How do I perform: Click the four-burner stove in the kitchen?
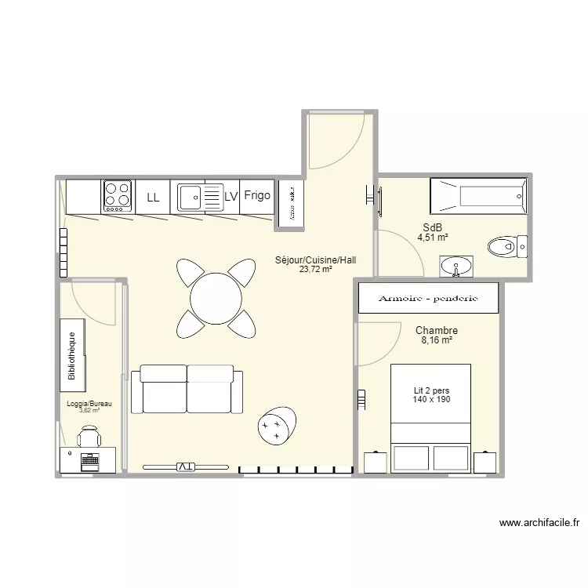(118, 196)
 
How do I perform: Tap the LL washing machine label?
(153, 198)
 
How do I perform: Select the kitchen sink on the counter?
(191, 197)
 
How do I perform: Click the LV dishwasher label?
(230, 197)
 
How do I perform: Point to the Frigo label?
(256, 195)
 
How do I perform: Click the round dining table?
(216, 298)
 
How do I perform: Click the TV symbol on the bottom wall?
(186, 466)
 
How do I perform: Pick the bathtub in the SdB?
(477, 196)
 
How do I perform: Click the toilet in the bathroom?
(506, 248)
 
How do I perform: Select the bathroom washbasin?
(456, 267)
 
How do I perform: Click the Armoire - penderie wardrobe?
(428, 299)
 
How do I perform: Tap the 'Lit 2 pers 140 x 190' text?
(431, 395)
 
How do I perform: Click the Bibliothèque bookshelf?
(72, 355)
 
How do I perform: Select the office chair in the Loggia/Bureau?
(89, 435)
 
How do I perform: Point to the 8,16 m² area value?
(437, 340)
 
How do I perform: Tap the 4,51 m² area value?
(433, 237)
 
